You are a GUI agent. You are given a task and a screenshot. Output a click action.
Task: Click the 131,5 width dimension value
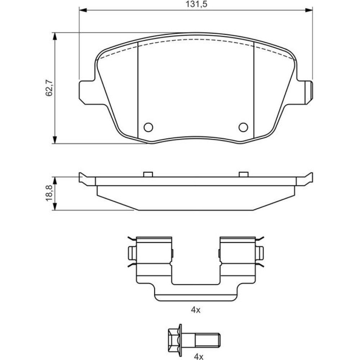click(197, 4)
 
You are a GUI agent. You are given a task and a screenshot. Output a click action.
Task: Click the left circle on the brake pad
click(148, 127)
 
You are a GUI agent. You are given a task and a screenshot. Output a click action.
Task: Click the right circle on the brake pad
click(243, 127)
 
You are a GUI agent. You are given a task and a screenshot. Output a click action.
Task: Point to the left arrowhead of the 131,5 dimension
click(83, 10)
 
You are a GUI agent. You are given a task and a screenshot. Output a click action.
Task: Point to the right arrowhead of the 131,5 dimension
click(309, 10)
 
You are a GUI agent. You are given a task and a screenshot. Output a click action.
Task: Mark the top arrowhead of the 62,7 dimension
click(55, 36)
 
